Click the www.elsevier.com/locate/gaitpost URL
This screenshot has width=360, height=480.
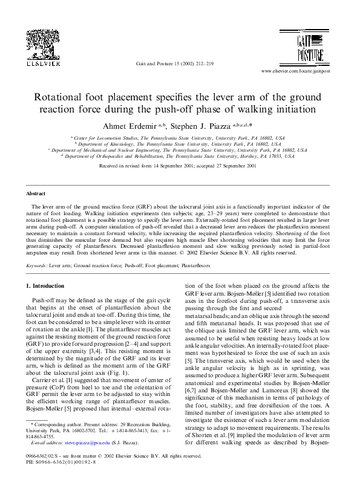click(x=295, y=71)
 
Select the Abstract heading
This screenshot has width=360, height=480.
click(x=36, y=193)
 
